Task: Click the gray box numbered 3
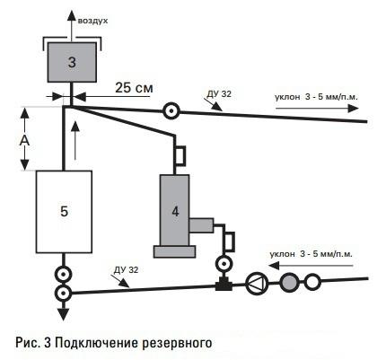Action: [x=72, y=62]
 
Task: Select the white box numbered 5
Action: [x=64, y=212]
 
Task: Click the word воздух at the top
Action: [x=92, y=22]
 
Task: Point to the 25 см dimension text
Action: [x=134, y=88]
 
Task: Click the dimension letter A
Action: [x=24, y=141]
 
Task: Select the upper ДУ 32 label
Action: [x=219, y=94]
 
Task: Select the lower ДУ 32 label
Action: [x=127, y=269]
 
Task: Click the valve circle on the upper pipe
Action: [x=171, y=111]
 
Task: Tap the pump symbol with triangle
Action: [x=257, y=283]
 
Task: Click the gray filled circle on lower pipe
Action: [x=289, y=282]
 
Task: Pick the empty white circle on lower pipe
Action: [x=312, y=281]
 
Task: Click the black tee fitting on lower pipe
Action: [x=224, y=285]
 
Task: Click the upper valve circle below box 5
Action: [x=64, y=274]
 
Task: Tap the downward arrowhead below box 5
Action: [x=64, y=314]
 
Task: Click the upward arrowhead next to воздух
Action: [x=72, y=15]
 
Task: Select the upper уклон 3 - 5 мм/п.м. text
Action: [x=316, y=97]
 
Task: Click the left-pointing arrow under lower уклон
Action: [x=311, y=266]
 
